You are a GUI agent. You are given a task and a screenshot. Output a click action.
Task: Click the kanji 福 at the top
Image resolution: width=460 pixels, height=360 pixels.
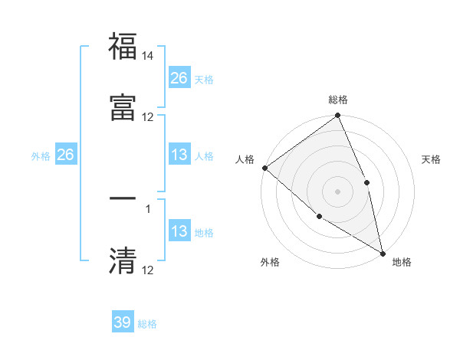123,47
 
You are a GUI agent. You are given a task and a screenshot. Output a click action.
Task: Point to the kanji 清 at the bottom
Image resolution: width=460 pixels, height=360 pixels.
123,260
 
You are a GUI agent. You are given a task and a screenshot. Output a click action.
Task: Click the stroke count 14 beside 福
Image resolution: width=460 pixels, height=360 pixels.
148,57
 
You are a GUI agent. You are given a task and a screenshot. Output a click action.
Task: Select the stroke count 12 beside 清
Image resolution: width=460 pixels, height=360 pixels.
148,270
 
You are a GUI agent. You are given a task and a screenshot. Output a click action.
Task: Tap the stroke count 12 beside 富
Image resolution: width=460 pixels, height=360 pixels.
148,116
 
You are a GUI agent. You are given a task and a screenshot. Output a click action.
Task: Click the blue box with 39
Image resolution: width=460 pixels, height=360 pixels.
123,322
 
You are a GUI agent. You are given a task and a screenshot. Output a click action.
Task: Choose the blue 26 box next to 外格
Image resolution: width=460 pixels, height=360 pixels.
65,155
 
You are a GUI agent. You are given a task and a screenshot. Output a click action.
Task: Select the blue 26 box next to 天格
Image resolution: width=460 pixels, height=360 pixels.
179,77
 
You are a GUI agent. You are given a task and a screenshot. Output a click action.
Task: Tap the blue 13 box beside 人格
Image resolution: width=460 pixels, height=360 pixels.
179,155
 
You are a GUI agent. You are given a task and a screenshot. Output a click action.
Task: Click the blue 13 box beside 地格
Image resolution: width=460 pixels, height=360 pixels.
179,231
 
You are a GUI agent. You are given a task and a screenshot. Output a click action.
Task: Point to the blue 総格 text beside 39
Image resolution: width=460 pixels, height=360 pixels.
147,324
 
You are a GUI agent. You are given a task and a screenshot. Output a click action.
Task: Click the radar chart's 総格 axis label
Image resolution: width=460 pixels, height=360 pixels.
338,100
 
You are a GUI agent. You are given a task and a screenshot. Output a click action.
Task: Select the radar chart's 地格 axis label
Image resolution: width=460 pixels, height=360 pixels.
402,262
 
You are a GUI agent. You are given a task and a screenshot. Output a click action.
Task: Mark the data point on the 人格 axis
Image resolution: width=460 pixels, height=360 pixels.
264,168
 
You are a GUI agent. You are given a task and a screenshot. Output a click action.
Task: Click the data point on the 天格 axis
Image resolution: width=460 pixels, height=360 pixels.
366,182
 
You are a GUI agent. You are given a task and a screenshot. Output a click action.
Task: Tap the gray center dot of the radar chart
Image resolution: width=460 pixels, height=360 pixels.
338,191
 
